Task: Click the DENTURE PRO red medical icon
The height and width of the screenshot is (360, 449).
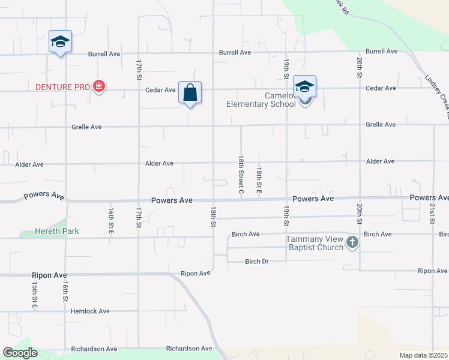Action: tap(99, 88)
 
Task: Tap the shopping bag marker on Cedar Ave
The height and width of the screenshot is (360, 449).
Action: tap(190, 94)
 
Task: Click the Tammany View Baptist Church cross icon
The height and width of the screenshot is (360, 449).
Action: tap(352, 243)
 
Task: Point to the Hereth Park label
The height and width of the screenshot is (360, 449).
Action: tap(57, 231)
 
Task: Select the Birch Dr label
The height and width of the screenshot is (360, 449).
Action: tap(260, 262)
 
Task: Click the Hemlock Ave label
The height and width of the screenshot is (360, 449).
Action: tap(90, 311)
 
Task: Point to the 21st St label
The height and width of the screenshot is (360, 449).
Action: tap(432, 212)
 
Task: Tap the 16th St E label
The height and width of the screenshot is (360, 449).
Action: tap(111, 220)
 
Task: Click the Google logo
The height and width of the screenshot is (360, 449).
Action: tap(20, 353)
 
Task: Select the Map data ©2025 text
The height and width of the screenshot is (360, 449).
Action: tap(424, 355)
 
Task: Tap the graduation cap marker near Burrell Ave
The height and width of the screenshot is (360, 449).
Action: tap(60, 42)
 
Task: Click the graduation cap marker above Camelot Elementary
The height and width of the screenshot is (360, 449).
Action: tap(304, 87)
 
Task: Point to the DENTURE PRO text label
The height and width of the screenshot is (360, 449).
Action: tap(62, 88)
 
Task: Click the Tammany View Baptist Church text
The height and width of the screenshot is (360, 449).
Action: tap(314, 244)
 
